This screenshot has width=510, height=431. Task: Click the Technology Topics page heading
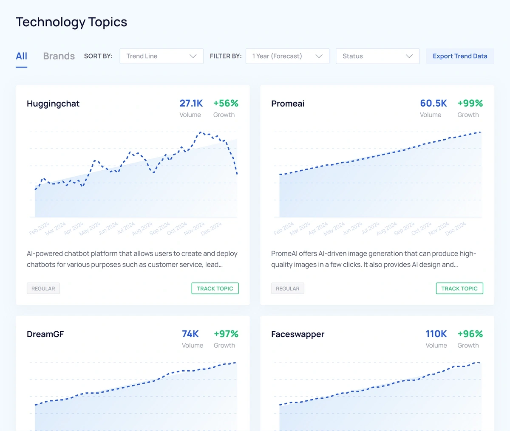(x=71, y=22)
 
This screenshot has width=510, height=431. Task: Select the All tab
(x=22, y=56)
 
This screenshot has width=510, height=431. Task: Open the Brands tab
(x=59, y=56)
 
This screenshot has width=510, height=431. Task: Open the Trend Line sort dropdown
(x=161, y=56)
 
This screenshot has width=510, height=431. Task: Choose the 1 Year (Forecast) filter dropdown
(x=287, y=56)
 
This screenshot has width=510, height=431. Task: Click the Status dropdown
(x=377, y=56)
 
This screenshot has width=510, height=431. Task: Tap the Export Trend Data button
(x=460, y=56)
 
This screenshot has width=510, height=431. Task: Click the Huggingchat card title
(x=53, y=104)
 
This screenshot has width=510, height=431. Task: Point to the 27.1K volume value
(x=191, y=103)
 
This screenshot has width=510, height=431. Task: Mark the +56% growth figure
(x=226, y=103)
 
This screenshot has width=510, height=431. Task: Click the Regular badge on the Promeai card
(x=288, y=288)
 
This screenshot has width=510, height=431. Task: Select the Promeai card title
(x=288, y=104)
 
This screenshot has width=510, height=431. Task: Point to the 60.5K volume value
(x=433, y=103)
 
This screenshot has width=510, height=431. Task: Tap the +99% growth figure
(x=470, y=103)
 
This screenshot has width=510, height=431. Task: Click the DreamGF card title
(x=45, y=334)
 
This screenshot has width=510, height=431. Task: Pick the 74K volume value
(x=190, y=334)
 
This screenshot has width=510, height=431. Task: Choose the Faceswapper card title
(x=297, y=334)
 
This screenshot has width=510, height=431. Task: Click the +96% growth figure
(x=470, y=334)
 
